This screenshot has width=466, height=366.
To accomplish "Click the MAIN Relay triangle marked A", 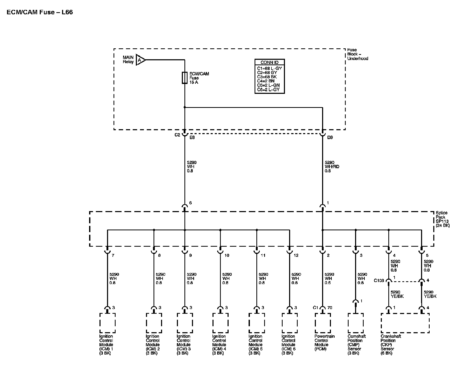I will [x=140, y=60].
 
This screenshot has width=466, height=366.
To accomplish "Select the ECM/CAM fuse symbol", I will [x=185, y=78].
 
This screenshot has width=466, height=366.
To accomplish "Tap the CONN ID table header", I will [x=269, y=62].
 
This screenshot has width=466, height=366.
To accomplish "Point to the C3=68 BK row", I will [x=267, y=77].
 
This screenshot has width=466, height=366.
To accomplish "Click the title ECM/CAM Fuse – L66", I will [x=40, y=12].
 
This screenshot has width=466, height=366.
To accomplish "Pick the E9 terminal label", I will [x=192, y=138].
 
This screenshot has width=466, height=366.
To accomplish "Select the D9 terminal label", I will [x=330, y=138].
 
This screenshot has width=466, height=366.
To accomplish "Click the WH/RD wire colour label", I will [x=332, y=167].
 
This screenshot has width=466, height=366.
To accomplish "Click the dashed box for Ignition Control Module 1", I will [x=107, y=323].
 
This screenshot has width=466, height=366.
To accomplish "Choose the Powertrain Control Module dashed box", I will [x=323, y=323].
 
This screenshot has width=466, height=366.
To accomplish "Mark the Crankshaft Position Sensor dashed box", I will [x=405, y=323].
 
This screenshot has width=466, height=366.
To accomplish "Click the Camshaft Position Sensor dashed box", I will [x=355, y=323].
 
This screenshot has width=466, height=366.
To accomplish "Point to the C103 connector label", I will [x=379, y=281].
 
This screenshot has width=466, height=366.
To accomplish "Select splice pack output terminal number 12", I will [x=296, y=255].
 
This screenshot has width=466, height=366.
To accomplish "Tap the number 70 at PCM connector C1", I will [x=330, y=308].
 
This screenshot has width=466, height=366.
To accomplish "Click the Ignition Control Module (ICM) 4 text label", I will [x=219, y=345].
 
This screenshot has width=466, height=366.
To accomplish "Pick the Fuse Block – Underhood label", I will [x=357, y=54].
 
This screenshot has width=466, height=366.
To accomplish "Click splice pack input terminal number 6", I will [x=190, y=203].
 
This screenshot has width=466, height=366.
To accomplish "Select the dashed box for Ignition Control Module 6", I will [x=289, y=323].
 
